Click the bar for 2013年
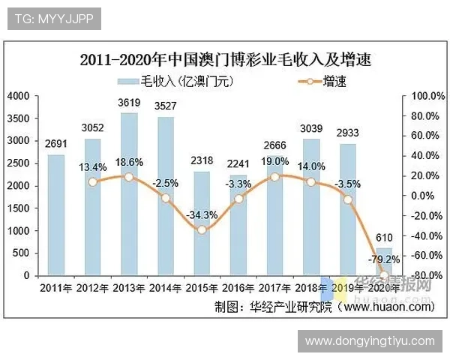(x=129, y=195)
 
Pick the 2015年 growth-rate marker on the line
(x=202, y=229)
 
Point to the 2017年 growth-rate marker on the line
(x=275, y=176)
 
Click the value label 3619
(x=129, y=103)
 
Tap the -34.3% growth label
(x=202, y=214)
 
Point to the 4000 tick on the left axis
(x=18, y=96)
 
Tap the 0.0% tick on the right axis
(x=421, y=196)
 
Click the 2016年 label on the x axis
(x=238, y=287)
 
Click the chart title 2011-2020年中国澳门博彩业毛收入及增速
(x=225, y=59)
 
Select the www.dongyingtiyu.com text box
(x=370, y=341)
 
